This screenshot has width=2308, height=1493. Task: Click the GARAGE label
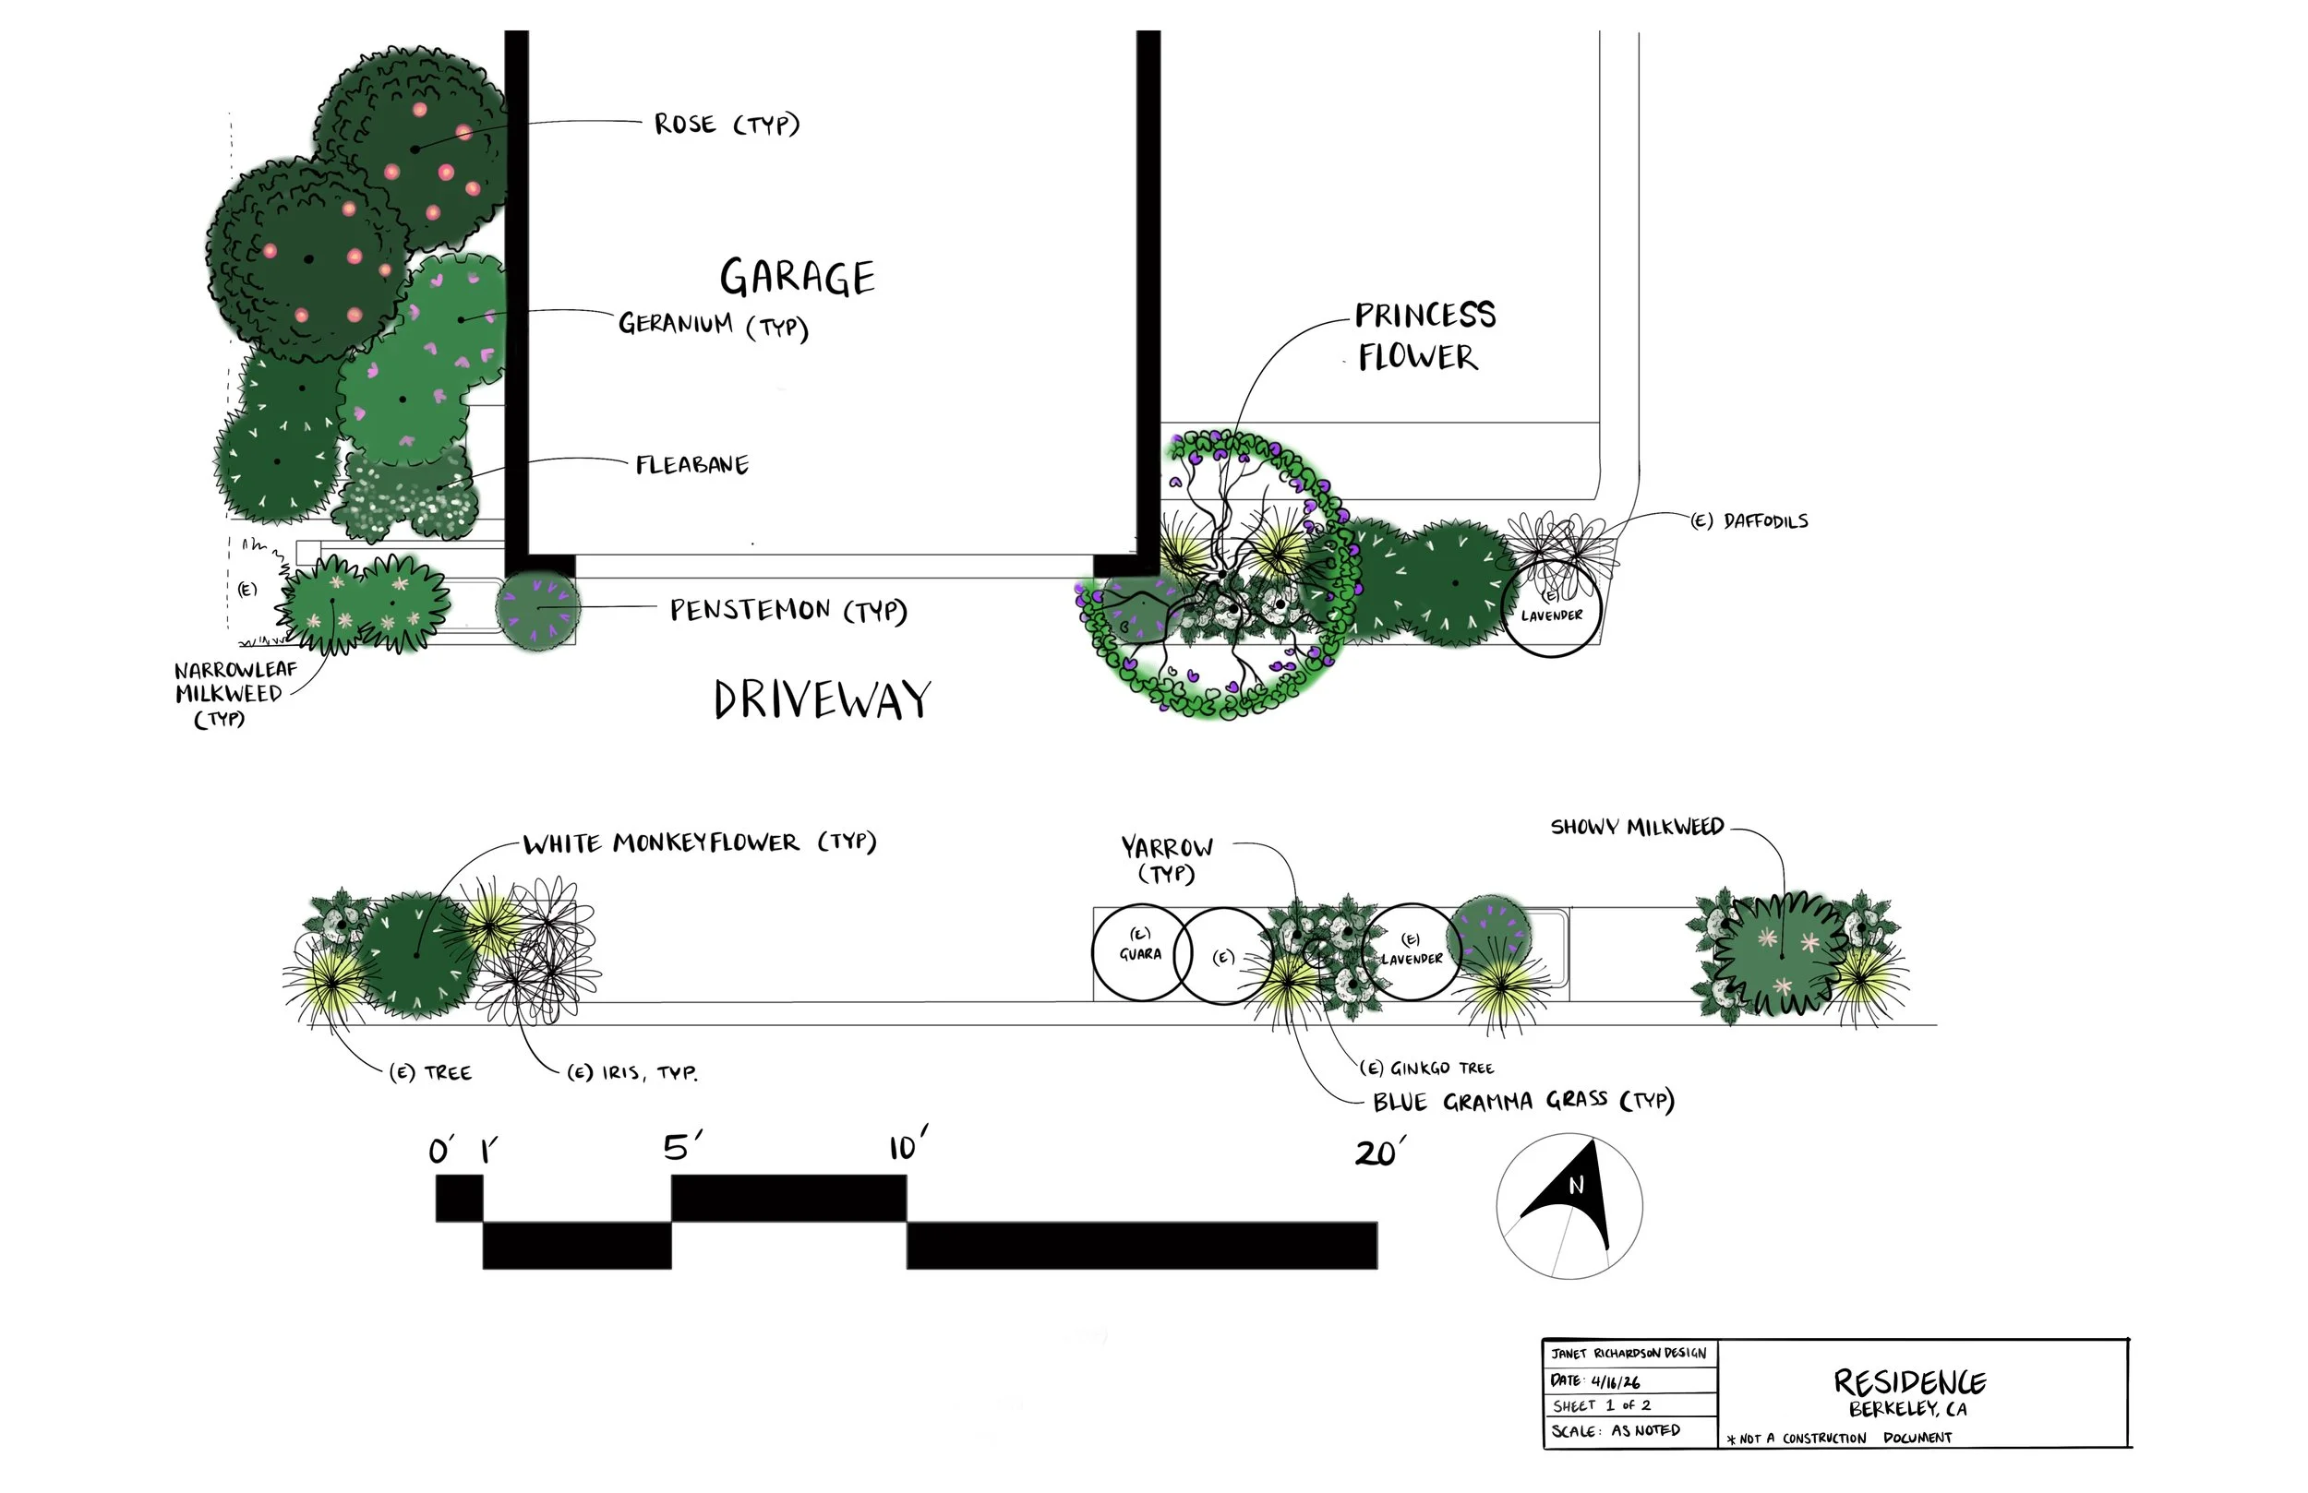797,279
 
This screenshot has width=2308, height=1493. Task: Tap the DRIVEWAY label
823,699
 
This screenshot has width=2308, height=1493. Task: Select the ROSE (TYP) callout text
727,124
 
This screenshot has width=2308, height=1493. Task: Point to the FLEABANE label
692,465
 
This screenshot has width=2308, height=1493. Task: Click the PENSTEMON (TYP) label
788,611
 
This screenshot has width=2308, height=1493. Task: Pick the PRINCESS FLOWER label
1424,337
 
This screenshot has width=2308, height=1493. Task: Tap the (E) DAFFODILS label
1749,521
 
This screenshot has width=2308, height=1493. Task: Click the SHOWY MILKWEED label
1637,827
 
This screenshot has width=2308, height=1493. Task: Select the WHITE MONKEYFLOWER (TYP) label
699,842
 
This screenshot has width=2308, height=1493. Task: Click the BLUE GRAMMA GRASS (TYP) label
1522,1102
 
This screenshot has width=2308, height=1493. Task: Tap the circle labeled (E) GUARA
1140,952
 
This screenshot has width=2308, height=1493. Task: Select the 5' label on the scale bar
681,1148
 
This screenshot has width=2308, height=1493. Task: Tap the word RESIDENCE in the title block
1908,1381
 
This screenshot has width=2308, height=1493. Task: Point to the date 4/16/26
1616,1381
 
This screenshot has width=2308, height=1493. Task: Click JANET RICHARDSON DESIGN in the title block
1629,1354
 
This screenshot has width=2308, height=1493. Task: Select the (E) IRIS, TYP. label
632,1073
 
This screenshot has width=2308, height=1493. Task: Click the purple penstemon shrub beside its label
538,609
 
